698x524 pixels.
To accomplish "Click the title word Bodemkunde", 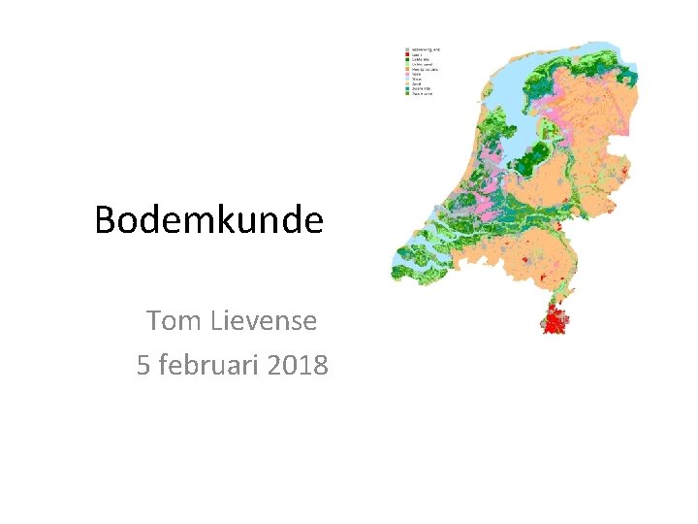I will (208, 220).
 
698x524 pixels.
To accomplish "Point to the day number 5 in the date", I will (144, 366).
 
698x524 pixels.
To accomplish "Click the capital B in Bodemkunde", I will (106, 220).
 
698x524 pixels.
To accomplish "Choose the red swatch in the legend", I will (407, 54).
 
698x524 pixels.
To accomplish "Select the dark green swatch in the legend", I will (407, 60).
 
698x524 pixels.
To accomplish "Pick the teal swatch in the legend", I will (407, 88).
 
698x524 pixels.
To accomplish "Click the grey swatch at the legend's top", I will (407, 49).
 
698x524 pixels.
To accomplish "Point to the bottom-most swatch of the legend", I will (407, 94).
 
